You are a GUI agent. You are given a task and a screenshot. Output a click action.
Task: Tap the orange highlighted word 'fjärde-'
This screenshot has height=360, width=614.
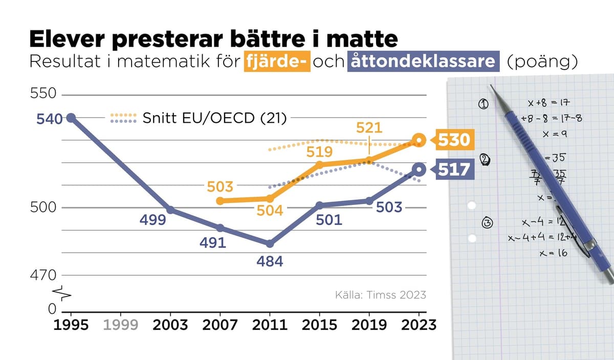point(276,61)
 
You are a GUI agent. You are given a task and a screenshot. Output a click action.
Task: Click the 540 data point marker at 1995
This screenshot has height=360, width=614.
point(71,118)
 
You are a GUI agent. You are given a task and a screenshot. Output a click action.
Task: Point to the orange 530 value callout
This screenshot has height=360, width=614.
point(453,140)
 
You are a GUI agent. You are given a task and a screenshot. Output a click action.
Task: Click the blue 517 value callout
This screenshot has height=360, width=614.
point(453,169)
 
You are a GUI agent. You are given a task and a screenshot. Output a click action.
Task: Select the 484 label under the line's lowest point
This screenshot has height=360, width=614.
point(269,262)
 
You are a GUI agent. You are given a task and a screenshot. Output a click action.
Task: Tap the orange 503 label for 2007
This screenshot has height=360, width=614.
point(220,187)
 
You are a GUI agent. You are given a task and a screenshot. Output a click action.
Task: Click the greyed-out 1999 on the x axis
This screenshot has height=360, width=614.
point(120,325)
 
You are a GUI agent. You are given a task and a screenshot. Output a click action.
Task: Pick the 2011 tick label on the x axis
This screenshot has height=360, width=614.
point(270,325)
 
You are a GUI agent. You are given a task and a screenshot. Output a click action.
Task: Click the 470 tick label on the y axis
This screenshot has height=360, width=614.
point(45,276)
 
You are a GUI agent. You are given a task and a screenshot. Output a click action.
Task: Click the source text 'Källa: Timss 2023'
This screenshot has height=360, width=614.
point(380,295)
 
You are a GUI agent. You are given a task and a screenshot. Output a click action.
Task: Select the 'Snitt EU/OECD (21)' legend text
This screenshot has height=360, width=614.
point(214,118)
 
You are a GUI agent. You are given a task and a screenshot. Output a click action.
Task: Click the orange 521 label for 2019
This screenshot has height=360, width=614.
point(369,128)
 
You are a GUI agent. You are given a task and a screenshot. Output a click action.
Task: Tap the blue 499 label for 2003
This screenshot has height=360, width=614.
point(153,220)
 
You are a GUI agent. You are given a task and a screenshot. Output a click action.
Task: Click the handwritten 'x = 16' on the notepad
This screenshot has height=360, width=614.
point(553,253)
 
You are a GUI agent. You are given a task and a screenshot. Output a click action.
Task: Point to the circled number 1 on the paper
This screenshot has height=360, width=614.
point(483,104)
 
